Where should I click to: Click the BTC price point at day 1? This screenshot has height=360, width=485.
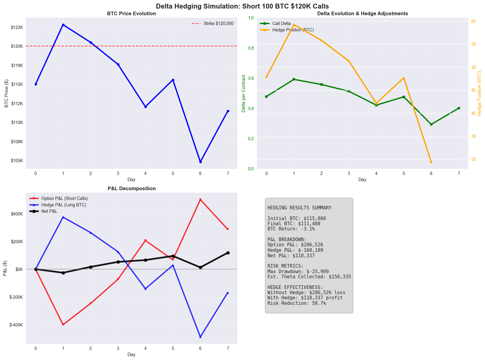coord(63,25)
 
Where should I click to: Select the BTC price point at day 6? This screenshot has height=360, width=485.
coord(200,162)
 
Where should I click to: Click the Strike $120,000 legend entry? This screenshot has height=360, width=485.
coord(218,23)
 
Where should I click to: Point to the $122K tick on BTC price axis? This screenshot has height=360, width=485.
coord(17,27)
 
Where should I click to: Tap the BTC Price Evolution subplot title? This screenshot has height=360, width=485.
coord(131,14)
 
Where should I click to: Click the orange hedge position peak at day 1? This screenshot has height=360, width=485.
coord(294,25)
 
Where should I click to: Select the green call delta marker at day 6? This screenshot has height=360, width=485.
coord(431,124)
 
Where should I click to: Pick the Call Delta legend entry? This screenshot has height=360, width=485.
coord(281,23)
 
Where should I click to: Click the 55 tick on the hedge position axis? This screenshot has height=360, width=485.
coord(474,44)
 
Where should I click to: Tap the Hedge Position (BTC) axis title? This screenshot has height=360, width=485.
coord(479,93)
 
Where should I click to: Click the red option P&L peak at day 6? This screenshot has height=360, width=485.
coord(200,200)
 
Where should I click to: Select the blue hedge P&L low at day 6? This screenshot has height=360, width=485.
coord(200,337)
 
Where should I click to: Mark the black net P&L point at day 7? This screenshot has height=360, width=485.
coord(228,253)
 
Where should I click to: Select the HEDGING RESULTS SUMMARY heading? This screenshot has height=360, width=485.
coord(299,208)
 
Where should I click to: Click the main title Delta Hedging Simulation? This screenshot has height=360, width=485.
coord(242,6)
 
